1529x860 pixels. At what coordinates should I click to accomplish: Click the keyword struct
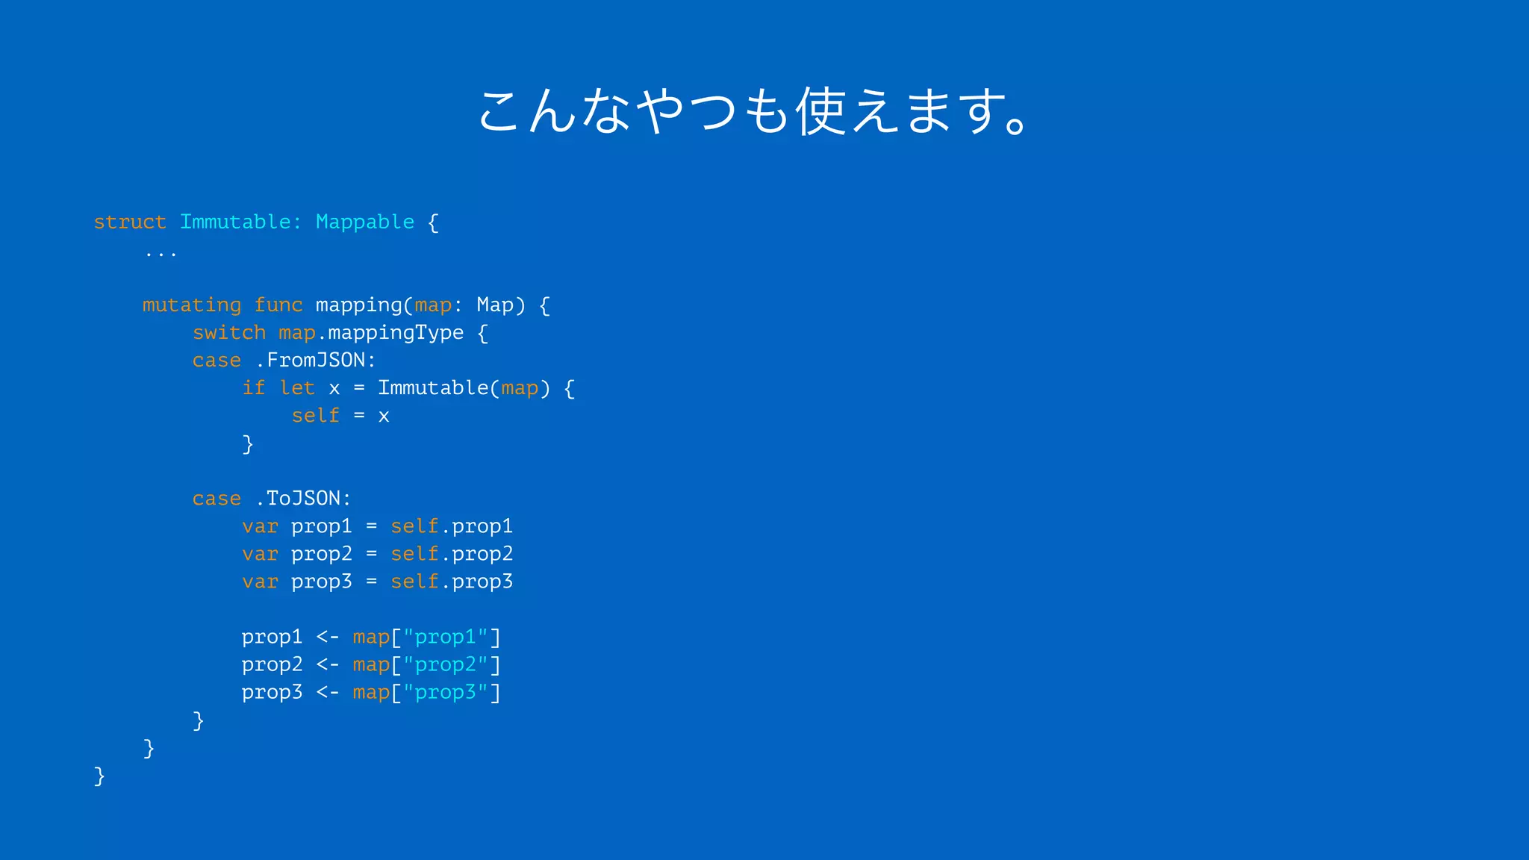pyautogui.click(x=130, y=222)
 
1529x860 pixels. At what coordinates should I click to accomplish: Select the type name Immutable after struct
pyautogui.click(x=235, y=222)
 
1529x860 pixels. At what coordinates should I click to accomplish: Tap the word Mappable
pyautogui.click(x=365, y=222)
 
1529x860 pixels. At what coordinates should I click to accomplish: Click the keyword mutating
pyautogui.click(x=192, y=305)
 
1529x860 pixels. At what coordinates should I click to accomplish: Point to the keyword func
pyautogui.click(x=278, y=305)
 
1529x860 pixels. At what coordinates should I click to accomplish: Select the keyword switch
pyautogui.click(x=229, y=332)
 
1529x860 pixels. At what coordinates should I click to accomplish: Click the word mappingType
pyautogui.click(x=396, y=332)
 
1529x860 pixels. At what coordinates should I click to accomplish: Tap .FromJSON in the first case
pyautogui.click(x=315, y=360)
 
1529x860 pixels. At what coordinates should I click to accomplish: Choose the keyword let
pyautogui.click(x=297, y=387)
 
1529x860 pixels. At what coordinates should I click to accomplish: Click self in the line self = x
pyautogui.click(x=315, y=415)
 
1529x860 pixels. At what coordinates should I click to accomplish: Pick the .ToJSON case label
pyautogui.click(x=302, y=498)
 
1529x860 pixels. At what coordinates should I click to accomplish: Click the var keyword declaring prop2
pyautogui.click(x=260, y=554)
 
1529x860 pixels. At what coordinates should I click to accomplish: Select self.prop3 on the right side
pyautogui.click(x=452, y=582)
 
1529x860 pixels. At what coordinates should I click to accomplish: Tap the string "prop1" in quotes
pyautogui.click(x=446, y=637)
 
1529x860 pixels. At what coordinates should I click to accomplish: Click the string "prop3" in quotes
pyautogui.click(x=446, y=692)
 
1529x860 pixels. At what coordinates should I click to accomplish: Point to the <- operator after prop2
pyautogui.click(x=328, y=664)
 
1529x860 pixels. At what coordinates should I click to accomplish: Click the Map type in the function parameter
pyautogui.click(x=495, y=305)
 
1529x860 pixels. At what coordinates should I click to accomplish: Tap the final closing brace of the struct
pyautogui.click(x=99, y=776)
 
